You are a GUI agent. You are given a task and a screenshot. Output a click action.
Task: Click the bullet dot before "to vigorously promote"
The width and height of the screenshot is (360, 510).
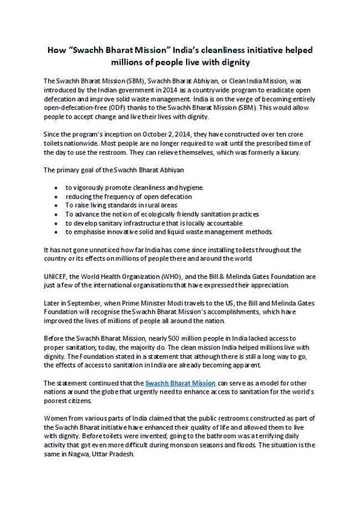58,187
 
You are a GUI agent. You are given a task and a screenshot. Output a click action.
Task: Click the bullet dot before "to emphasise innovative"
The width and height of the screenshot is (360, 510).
58,232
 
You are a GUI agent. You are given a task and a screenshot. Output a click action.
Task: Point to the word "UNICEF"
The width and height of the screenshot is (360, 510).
55,277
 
